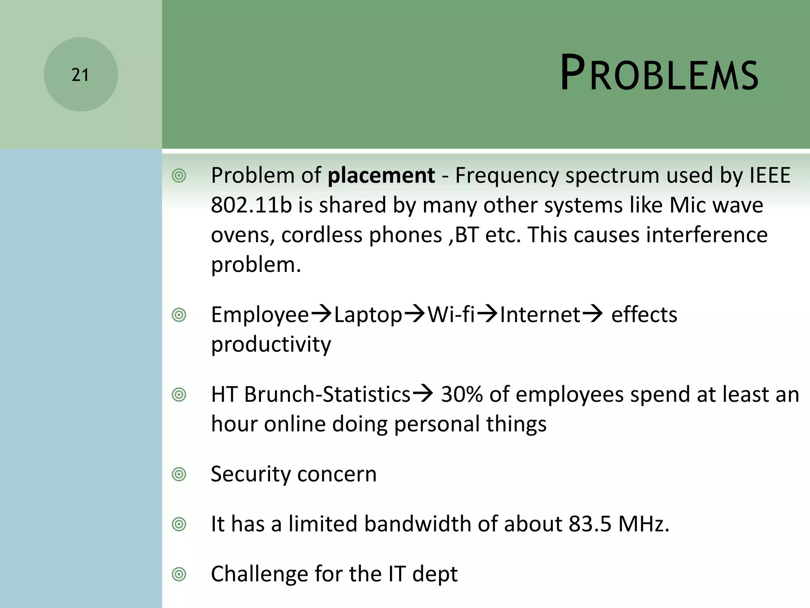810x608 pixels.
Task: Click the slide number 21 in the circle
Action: (80, 75)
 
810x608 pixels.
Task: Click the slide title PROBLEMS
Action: (659, 73)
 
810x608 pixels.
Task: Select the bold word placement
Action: (381, 175)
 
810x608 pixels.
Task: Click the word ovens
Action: (242, 235)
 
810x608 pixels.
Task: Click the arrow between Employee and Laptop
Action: (321, 315)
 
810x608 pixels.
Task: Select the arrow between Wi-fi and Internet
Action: (487, 315)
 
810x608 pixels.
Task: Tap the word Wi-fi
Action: (451, 315)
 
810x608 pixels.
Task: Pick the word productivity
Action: (271, 344)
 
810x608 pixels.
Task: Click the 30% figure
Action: (462, 394)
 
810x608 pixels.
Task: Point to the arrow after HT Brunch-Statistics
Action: (423, 394)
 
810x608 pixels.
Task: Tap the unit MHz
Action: (643, 524)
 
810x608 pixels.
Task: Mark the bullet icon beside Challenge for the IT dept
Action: (179, 574)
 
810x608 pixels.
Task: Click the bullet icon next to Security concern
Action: (179, 474)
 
